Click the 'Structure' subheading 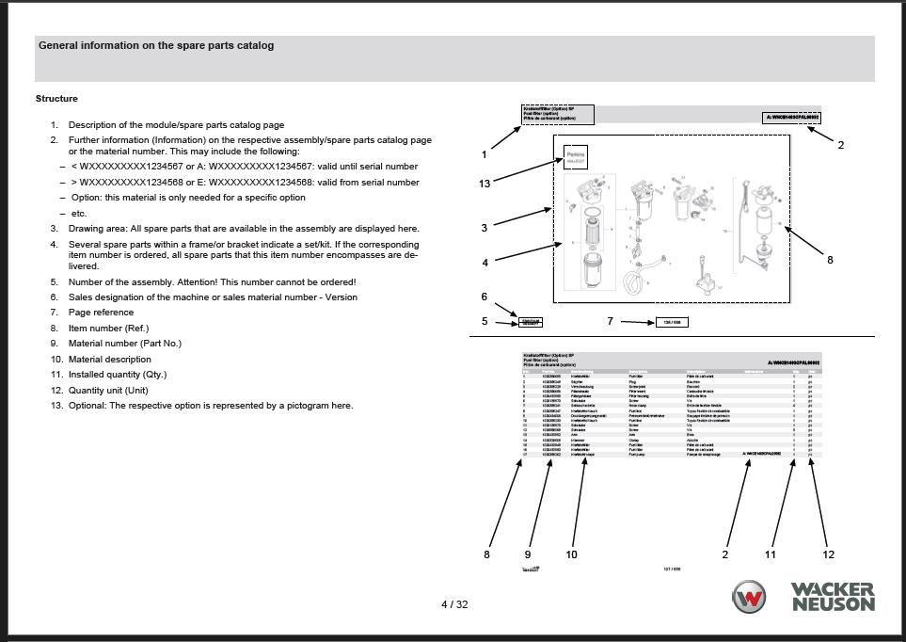[x=56, y=99]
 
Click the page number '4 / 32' [x=454, y=604]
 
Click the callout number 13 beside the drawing [x=485, y=184]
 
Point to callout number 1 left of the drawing [x=484, y=154]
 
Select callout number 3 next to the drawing [x=484, y=228]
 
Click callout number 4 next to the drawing [x=485, y=263]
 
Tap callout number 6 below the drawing [x=485, y=297]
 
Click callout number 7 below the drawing [x=610, y=321]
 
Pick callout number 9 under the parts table [x=527, y=554]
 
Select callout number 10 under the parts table [x=571, y=554]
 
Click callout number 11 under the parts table [x=770, y=554]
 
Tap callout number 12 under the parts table [x=828, y=554]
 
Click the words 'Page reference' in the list [x=101, y=313]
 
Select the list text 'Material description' [x=109, y=359]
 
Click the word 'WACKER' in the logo [x=833, y=590]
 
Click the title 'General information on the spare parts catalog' [x=156, y=45]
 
